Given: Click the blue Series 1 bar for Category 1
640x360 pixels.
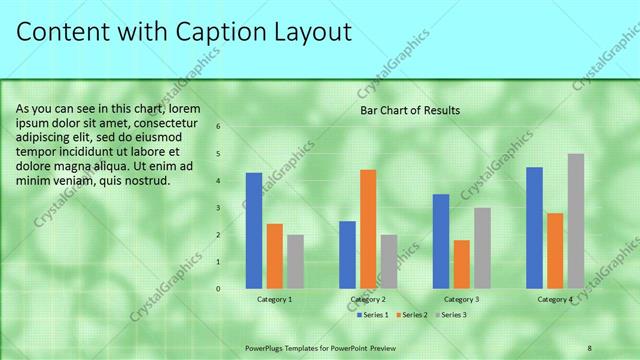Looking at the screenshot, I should (254, 230).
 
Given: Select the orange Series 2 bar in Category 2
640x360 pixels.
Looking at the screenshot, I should (368, 229).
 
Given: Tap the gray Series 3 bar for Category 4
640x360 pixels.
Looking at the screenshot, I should (576, 221).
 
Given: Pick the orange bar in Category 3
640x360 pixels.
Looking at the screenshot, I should (462, 264).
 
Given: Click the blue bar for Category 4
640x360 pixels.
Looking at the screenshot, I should (534, 227).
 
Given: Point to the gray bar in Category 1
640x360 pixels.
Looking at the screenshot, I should (295, 261).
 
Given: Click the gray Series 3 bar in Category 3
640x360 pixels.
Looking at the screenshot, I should (483, 248).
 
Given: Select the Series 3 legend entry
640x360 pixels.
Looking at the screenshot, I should (453, 315).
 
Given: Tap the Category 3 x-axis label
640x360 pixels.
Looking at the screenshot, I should (462, 299).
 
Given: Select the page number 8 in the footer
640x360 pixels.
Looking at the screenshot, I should (590, 347).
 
